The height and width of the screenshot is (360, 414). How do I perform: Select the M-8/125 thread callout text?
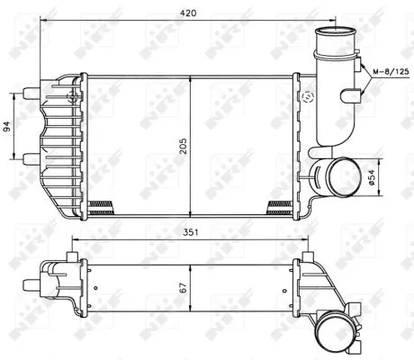click(x=386, y=69)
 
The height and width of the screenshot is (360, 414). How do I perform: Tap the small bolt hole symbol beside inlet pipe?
click(x=309, y=95)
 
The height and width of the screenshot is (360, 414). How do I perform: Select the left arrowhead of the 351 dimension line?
click(x=75, y=239)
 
